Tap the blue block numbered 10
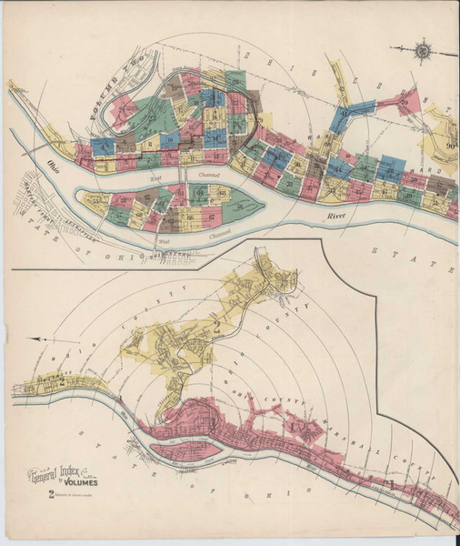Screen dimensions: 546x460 pos(215,98)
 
